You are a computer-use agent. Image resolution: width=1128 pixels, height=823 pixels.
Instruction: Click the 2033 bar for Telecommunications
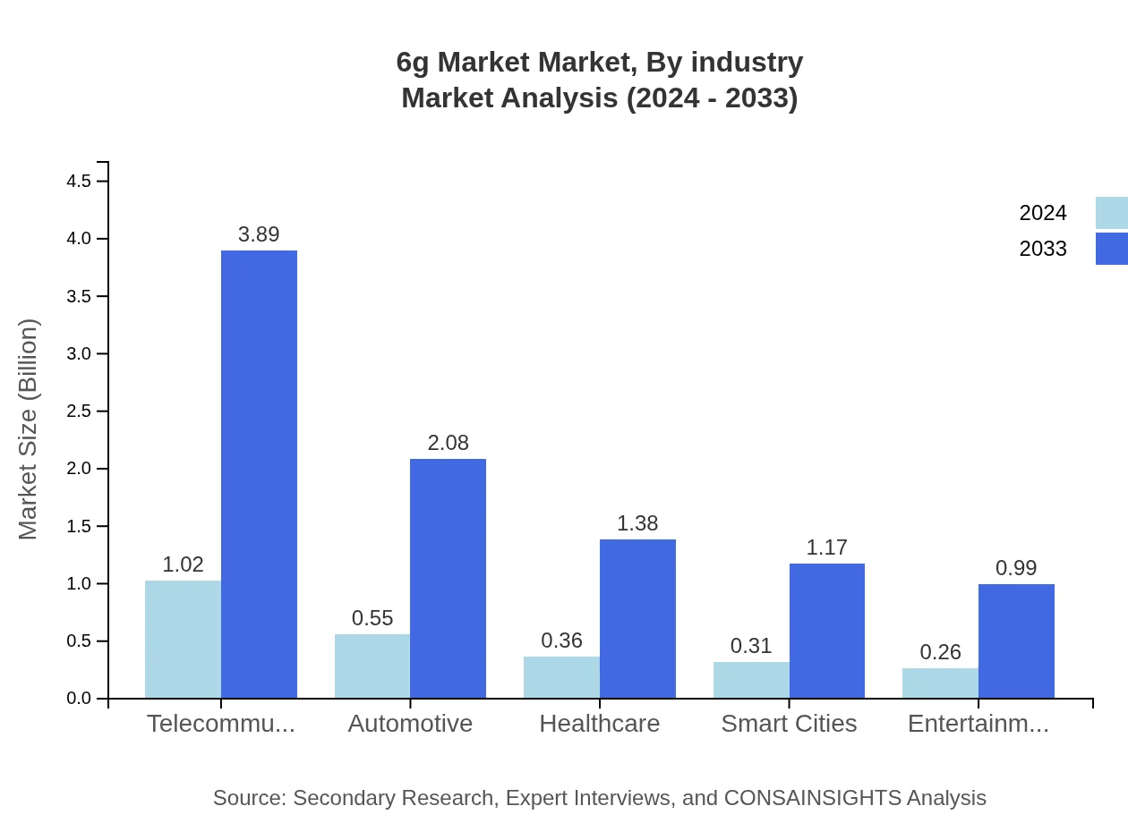coord(259,474)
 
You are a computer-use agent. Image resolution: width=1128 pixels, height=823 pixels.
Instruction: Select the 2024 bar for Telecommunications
coord(183,639)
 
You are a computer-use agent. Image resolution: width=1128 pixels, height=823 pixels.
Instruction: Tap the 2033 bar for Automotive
coord(448,578)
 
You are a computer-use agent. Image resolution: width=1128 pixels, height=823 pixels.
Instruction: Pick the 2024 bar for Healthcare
coord(561,677)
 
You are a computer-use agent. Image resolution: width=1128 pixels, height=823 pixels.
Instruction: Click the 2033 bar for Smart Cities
coord(826,631)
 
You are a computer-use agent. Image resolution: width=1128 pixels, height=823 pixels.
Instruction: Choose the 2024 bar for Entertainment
coord(940,683)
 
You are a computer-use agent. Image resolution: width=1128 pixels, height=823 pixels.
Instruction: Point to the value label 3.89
coord(259,234)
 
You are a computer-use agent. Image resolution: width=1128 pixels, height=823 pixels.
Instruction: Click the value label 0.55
coord(372,618)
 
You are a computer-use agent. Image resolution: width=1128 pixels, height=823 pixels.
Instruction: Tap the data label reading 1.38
coord(637,523)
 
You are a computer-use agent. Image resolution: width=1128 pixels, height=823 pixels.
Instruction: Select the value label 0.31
coord(751,646)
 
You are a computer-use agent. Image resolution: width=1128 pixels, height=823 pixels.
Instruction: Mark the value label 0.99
coord(1016,568)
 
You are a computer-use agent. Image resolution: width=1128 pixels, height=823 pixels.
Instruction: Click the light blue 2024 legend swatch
coord(1111,213)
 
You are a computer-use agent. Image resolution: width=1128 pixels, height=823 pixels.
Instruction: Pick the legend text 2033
coord(1043,249)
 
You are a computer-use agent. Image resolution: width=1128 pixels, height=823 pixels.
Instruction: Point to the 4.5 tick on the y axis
coord(79,182)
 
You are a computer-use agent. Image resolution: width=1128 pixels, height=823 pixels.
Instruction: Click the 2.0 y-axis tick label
coord(79,469)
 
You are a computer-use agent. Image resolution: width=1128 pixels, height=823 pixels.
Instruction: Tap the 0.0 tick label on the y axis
coord(79,699)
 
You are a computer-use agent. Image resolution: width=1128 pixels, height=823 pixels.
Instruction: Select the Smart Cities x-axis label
coord(789,724)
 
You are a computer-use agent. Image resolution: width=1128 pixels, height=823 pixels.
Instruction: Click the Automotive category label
coord(410,724)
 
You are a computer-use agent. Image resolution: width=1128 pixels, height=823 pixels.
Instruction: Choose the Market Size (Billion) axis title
coord(29,429)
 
